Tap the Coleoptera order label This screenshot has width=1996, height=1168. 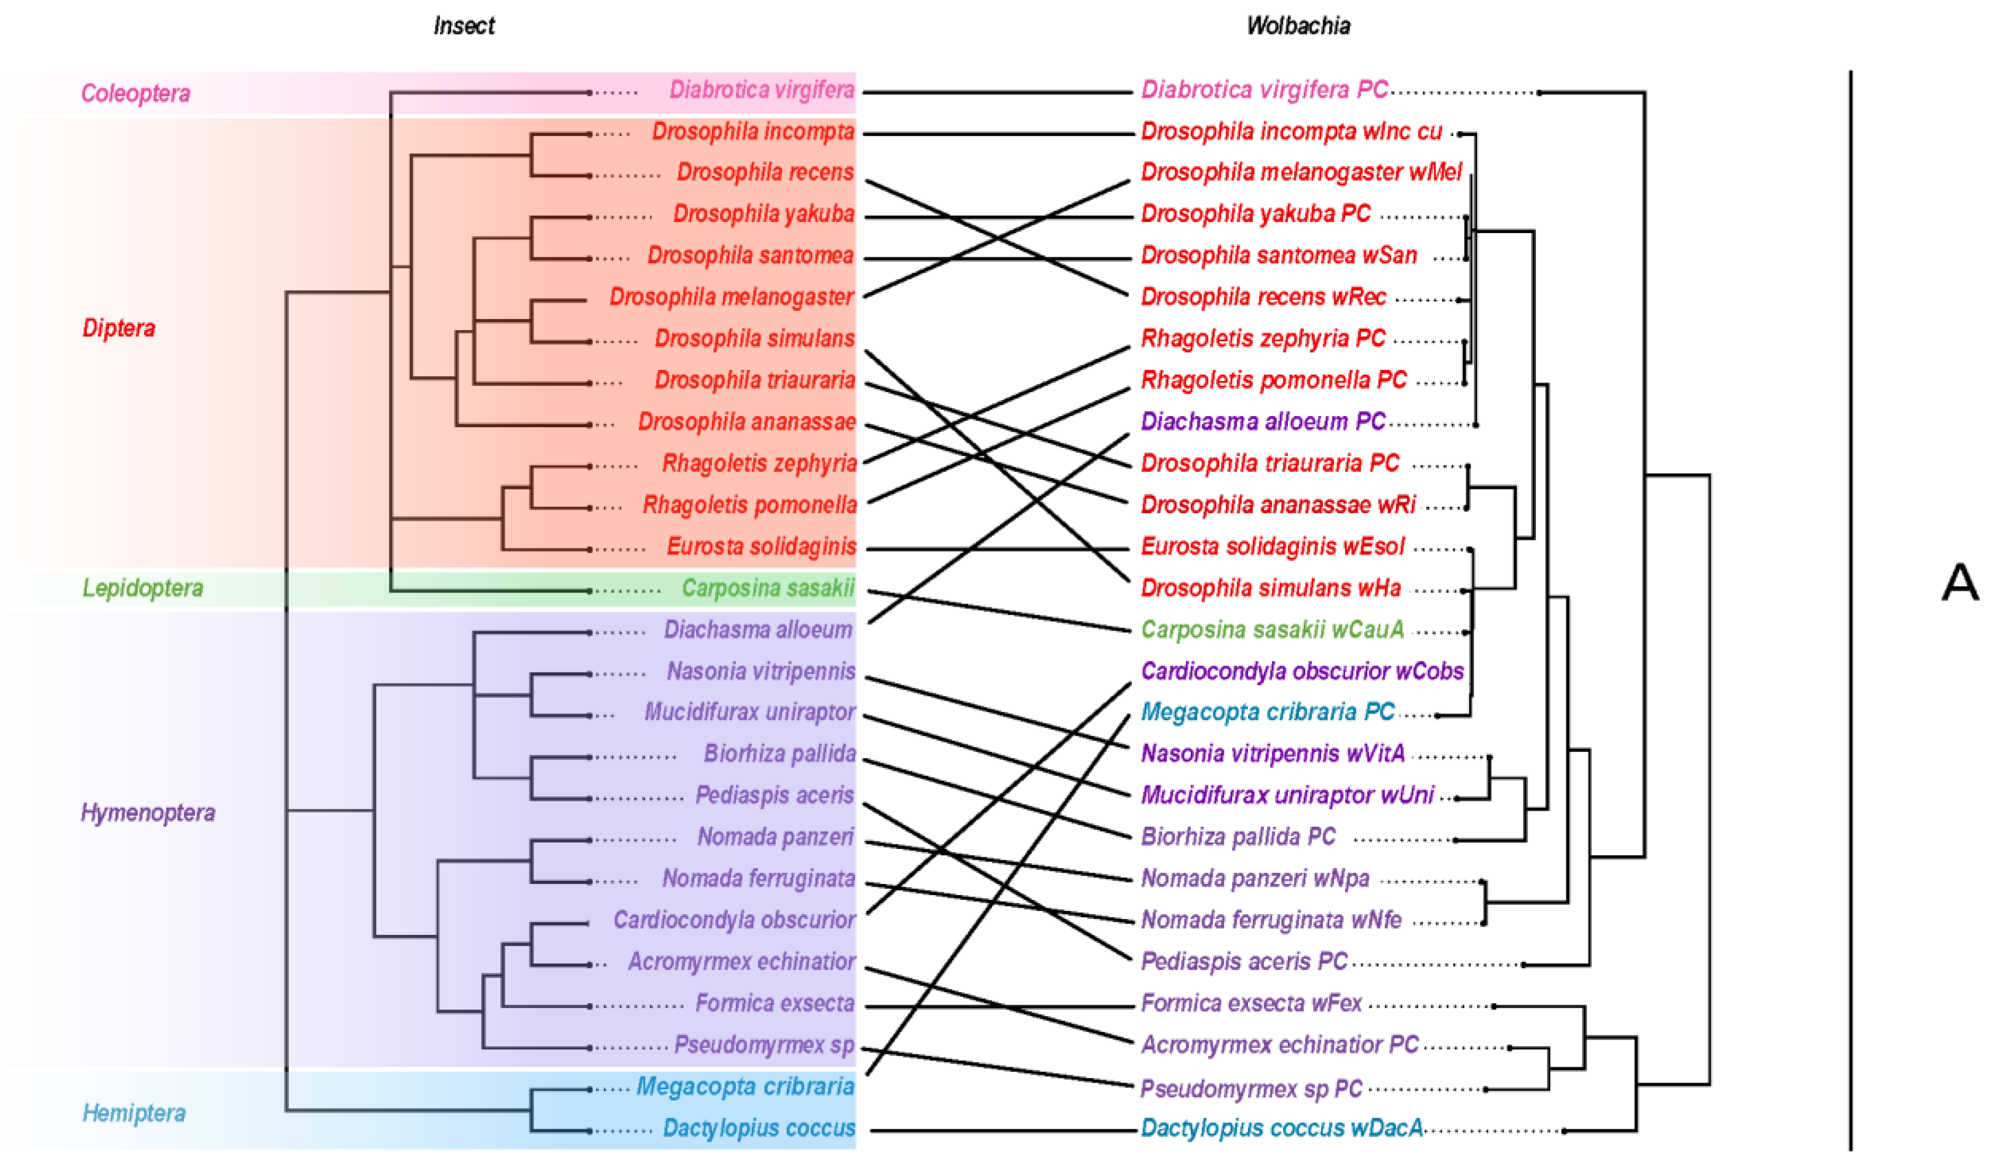pyautogui.click(x=136, y=93)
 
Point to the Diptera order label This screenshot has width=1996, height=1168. pyautogui.click(x=119, y=328)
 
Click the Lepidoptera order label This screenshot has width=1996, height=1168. pyautogui.click(x=143, y=588)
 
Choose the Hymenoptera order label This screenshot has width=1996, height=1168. pyautogui.click(x=147, y=812)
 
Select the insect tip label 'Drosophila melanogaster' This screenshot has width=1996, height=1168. pyautogui.click(x=731, y=297)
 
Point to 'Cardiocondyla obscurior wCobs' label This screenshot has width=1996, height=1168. pyautogui.click(x=1302, y=671)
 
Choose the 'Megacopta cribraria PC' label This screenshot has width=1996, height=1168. pyautogui.click(x=1267, y=711)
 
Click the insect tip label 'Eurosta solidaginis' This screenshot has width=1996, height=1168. pyautogui.click(x=761, y=546)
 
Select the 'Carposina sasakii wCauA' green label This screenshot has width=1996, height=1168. pyautogui.click(x=1272, y=630)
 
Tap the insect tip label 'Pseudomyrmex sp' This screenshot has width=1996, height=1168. pyautogui.click(x=764, y=1045)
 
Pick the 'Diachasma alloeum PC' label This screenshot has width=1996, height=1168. pyautogui.click(x=1262, y=421)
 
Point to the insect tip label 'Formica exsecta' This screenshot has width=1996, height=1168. pyautogui.click(x=775, y=1003)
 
